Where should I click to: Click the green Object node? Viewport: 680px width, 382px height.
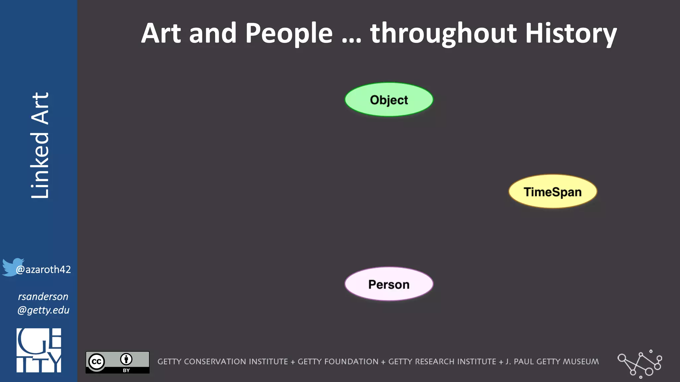click(389, 99)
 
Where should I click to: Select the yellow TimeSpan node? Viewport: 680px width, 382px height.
click(552, 192)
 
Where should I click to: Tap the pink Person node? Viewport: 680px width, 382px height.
click(389, 284)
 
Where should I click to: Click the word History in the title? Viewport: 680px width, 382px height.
click(571, 33)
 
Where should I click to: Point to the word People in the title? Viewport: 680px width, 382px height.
click(289, 33)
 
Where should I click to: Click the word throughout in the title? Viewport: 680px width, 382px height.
click(443, 33)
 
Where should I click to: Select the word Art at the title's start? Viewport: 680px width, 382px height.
click(161, 33)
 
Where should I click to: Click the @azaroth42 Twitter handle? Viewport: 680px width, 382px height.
click(43, 269)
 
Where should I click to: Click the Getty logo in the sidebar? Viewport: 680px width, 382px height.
click(39, 350)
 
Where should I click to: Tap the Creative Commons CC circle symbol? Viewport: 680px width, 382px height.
click(97, 362)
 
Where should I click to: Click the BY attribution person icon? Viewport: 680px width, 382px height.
click(126, 359)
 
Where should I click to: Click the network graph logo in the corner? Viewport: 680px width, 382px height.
click(639, 364)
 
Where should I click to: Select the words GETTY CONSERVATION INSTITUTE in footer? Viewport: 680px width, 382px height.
click(222, 361)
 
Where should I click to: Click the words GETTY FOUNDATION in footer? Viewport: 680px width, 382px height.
click(338, 361)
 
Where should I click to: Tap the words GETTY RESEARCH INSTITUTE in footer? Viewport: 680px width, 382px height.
click(442, 361)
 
